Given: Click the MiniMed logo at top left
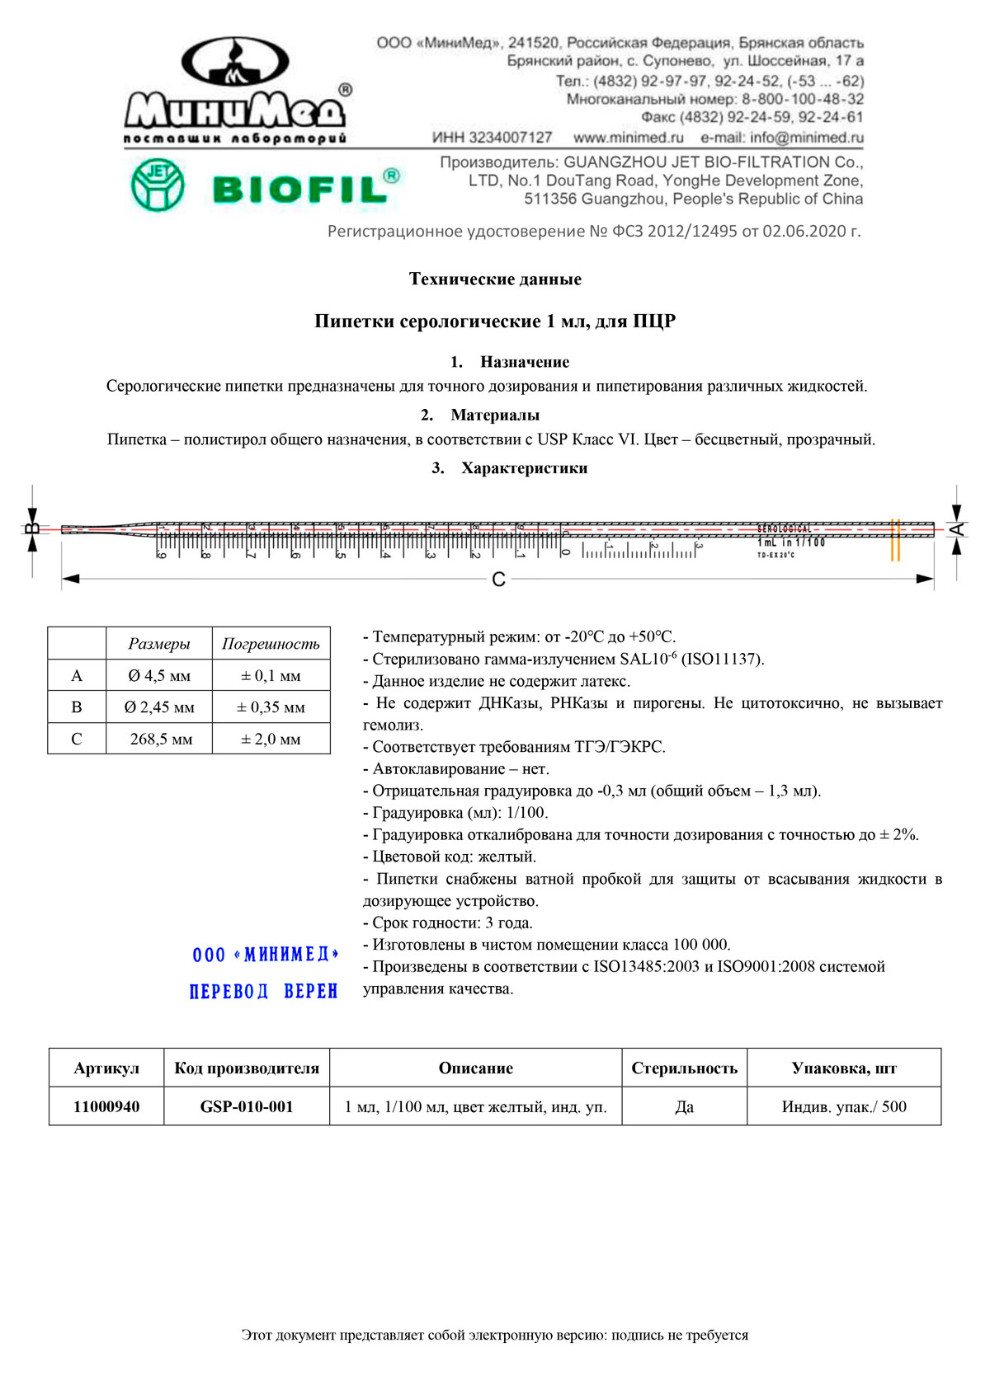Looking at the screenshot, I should pos(235,91).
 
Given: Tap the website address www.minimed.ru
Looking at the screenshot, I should pos(629,138).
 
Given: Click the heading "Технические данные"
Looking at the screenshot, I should pos(495,279).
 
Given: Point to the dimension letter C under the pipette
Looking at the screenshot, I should pos(498,580).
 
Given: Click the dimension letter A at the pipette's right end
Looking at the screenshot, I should pos(957,529).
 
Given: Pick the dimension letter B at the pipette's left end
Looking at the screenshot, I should pos(32,529).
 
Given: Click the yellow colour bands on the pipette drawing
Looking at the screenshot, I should pos(895,540).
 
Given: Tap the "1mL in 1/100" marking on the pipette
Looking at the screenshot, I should pos(790,542).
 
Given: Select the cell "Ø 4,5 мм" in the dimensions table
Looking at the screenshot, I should pos(159,676).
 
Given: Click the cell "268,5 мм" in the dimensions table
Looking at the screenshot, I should pos(161,739).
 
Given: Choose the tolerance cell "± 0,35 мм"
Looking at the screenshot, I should pos(271,707).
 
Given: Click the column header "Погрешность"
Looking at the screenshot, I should pos(271,644).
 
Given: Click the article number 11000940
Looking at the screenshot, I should pos(106,1106).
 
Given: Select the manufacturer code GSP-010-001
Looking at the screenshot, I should pos(247,1106).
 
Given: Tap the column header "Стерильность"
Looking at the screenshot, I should pos(684,1068).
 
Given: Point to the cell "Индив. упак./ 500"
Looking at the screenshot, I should pos(844,1106).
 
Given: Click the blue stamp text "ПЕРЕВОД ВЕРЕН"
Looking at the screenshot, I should pos(264,991).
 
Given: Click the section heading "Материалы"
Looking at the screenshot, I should pos(495,415).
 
